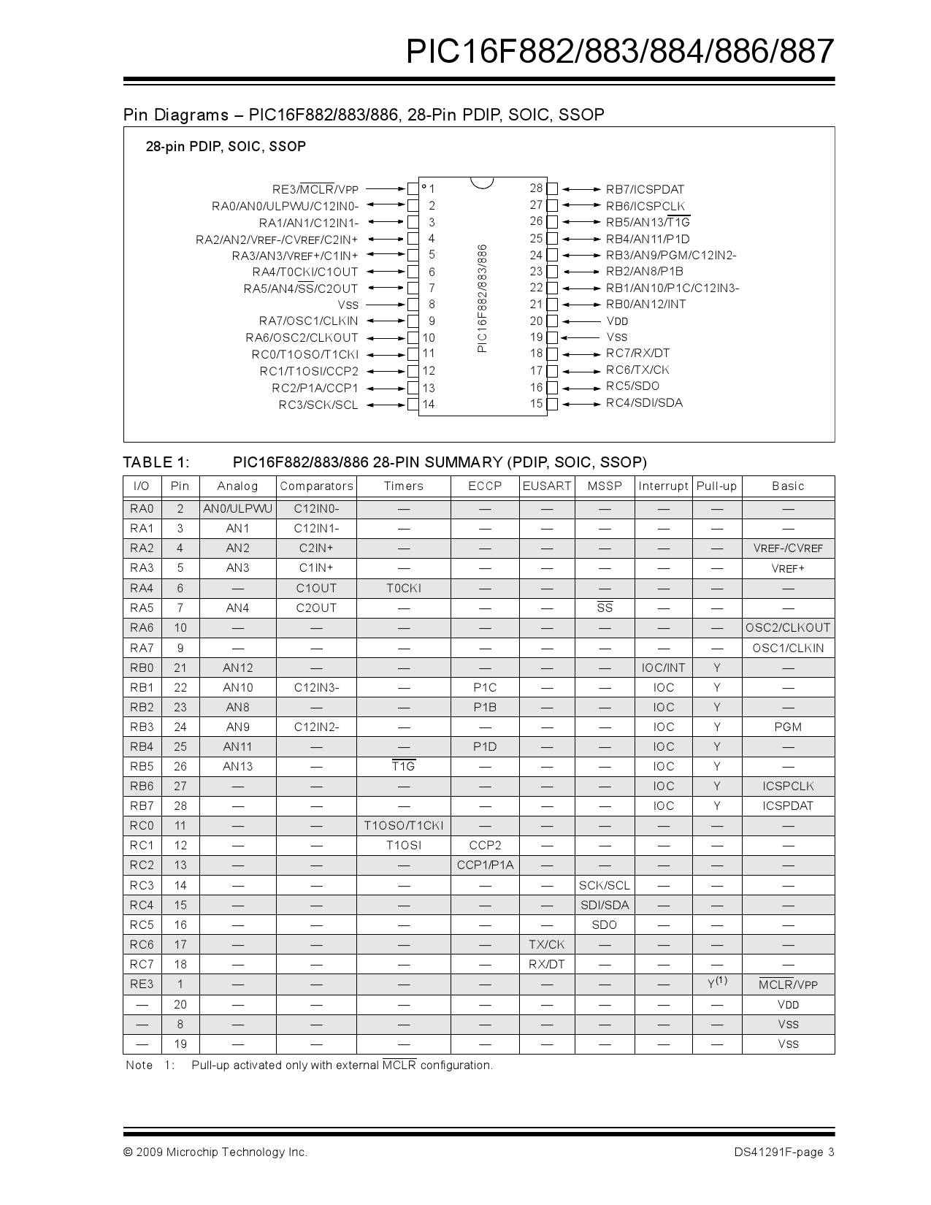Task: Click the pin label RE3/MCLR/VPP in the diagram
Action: (315, 189)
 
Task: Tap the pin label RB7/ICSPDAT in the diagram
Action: (645, 189)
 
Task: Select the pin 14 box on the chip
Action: (413, 404)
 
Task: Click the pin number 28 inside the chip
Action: (537, 188)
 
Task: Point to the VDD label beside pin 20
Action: (617, 321)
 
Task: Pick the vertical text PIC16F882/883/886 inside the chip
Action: (482, 298)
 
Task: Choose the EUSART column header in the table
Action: (547, 486)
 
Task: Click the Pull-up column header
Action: (716, 486)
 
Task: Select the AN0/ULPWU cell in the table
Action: (237, 509)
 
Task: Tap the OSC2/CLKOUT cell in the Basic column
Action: (788, 628)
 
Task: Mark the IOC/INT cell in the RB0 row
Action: (664, 667)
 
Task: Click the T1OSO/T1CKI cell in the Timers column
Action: (404, 826)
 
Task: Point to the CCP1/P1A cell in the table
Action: (485, 865)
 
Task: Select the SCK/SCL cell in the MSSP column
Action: (605, 885)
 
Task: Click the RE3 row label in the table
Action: (142, 984)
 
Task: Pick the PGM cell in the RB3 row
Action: (788, 727)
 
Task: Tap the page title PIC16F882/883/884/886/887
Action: (619, 52)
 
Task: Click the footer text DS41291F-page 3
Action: (784, 1152)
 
